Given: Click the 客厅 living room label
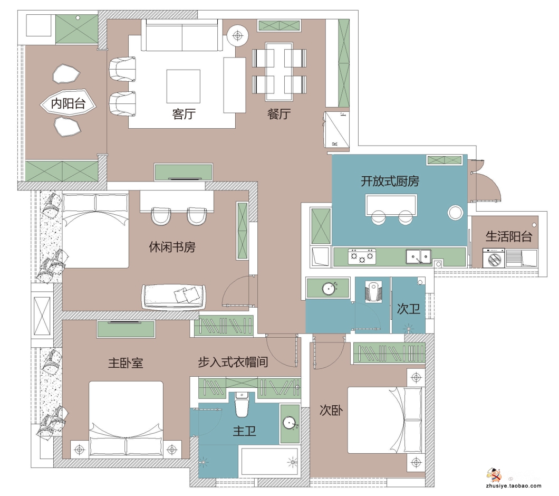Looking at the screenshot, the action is coord(184,114).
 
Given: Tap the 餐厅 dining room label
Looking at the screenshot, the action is coord(279,114).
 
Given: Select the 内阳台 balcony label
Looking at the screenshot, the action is coord(68,103).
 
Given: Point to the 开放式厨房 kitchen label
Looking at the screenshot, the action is coord(390,182).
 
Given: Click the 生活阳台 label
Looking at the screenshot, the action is coord(509,236).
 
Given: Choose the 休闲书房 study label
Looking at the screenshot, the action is coord(172,247).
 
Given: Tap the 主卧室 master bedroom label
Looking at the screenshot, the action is coord(126,363).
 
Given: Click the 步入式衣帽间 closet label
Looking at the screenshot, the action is coord(233,362).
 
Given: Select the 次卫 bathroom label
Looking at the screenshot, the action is coord(409,309).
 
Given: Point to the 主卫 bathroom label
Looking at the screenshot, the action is coord(245,431).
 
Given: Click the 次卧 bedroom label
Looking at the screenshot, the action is coord(331,411).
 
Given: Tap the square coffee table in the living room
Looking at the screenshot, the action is coord(183,87).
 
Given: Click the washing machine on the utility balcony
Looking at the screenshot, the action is coord(494,257).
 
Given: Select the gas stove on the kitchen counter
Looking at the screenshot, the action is coord(362,256).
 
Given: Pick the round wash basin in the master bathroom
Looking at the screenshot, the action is coord(290,423).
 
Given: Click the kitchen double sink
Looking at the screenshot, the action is coord(419,256).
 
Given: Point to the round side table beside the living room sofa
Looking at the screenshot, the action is coord(237,35).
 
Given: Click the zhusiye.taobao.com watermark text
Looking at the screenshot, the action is coord(513,485).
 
